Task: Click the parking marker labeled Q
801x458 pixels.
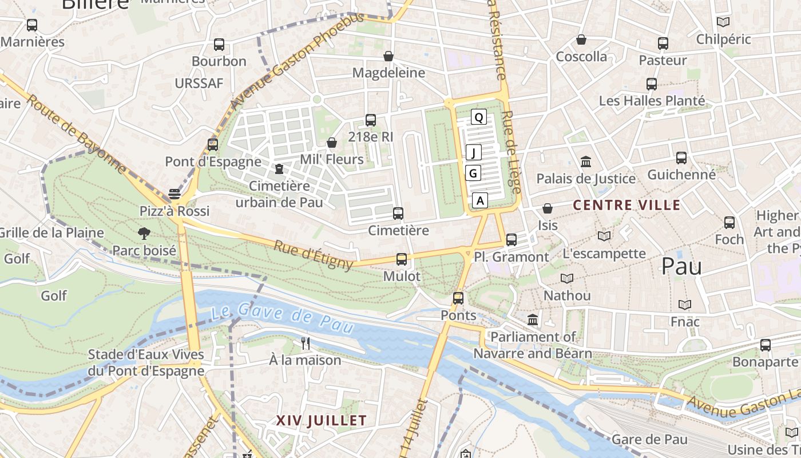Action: pos(479,117)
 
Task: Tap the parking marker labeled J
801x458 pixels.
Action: pos(474,152)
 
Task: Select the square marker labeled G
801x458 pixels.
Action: pos(473,173)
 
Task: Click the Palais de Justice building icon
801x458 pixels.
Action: pos(586,162)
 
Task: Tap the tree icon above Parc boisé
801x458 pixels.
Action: pos(144,233)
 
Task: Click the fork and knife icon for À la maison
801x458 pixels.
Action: pos(306,343)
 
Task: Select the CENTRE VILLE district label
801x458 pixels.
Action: pos(626,205)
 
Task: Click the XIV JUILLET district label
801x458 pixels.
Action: pos(321,421)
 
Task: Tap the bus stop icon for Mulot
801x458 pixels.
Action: pos(402,259)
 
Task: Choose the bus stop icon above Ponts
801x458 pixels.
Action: pos(458,298)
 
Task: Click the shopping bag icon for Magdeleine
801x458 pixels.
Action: pos(388,56)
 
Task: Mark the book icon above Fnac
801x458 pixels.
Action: pos(685,305)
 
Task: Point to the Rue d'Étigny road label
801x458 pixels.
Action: pos(313,255)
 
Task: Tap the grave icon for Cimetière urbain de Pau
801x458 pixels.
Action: pos(279,169)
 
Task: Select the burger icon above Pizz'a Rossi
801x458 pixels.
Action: pos(175,194)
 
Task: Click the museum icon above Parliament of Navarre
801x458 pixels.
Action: pos(533,319)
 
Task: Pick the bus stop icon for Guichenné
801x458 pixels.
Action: pos(681,158)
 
